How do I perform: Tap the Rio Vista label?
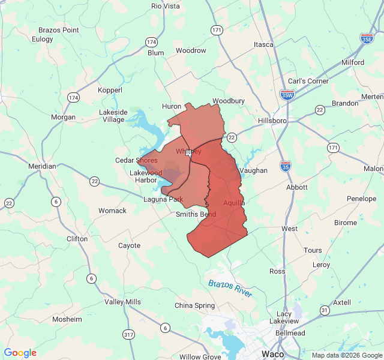(x=166, y=6)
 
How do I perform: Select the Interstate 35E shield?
(x=367, y=38)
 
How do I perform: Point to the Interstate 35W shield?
(x=287, y=95)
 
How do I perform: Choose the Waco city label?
(x=273, y=353)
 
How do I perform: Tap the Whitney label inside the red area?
(x=188, y=152)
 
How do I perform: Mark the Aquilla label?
(x=234, y=203)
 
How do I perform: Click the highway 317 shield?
(x=128, y=334)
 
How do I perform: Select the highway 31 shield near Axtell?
(x=324, y=310)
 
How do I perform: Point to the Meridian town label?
(x=42, y=166)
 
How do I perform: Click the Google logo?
(x=20, y=353)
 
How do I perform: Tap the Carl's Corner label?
(x=308, y=81)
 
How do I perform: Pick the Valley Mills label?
(x=122, y=302)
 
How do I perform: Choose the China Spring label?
(x=194, y=305)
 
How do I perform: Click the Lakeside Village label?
(x=113, y=116)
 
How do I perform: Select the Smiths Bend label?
(x=196, y=214)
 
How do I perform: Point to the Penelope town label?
(x=361, y=199)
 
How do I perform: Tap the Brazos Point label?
(x=58, y=30)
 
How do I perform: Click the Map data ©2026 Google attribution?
(x=347, y=355)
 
